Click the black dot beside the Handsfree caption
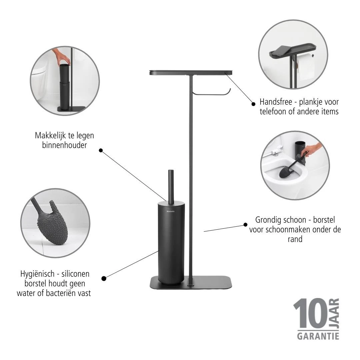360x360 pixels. [x=253, y=104]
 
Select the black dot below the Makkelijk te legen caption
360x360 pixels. [x=101, y=151]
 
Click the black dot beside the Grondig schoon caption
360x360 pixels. [x=246, y=225]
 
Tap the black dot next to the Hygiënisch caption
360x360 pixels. [x=104, y=278]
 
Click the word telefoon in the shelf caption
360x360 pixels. [x=273, y=112]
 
